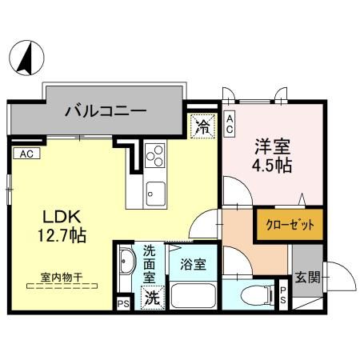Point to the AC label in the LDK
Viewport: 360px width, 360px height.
tap(26, 154)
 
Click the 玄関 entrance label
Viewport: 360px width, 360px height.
tap(307, 278)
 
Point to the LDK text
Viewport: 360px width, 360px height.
tap(53, 217)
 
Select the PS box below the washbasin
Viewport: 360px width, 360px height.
tap(122, 304)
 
